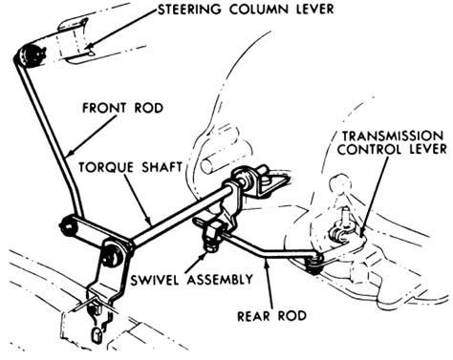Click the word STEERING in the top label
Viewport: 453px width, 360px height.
click(189, 9)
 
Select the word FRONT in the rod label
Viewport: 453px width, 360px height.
click(104, 108)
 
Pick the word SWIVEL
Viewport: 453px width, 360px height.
click(156, 280)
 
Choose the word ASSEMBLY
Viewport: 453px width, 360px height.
click(220, 280)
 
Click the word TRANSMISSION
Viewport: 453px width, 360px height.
click(393, 137)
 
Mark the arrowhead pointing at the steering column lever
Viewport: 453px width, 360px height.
click(89, 47)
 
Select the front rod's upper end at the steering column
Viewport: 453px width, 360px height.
click(31, 56)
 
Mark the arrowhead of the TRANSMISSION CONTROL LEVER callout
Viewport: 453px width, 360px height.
click(362, 231)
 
